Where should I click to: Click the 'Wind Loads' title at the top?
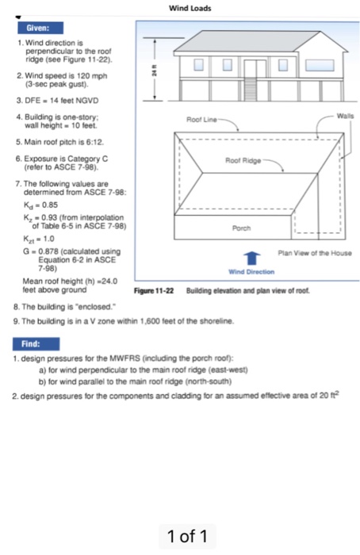pyautogui.click(x=187, y=8)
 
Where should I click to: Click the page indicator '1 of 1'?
pyautogui.click(x=187, y=537)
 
